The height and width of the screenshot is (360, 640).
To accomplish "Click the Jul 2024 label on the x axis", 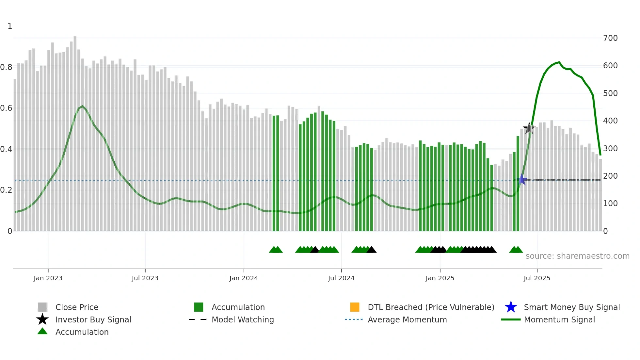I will [x=341, y=278].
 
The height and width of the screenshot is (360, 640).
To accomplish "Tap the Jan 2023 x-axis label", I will [x=48, y=278].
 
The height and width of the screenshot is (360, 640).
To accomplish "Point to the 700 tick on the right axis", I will [x=610, y=38].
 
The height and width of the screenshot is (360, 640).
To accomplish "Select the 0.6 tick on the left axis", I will [x=6, y=108].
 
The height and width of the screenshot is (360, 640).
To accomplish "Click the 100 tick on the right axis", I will [x=610, y=204].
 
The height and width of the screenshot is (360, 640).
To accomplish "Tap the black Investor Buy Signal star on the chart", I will [x=529, y=128].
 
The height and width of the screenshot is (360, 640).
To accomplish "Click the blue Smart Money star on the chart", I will [x=522, y=180].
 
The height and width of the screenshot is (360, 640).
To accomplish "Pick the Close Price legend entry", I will [x=77, y=307].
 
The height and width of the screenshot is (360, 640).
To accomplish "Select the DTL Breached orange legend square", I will [x=354, y=307].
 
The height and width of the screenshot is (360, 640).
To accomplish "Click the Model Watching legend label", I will [x=243, y=319].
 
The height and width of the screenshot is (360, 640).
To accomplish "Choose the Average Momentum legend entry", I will [x=407, y=319].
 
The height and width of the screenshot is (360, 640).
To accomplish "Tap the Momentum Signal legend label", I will [x=559, y=319].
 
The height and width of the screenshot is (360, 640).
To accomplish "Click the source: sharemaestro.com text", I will [x=577, y=256].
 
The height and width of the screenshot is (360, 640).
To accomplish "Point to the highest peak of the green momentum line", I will [x=559, y=62].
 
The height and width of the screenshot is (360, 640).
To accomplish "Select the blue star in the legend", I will [x=511, y=307].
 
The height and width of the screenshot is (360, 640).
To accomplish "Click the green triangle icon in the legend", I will [x=42, y=332].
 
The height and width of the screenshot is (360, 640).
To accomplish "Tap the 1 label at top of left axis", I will [x=10, y=26].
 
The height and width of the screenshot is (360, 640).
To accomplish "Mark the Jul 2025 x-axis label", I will [x=537, y=278].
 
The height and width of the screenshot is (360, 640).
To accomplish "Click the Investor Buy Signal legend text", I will [x=93, y=319].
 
